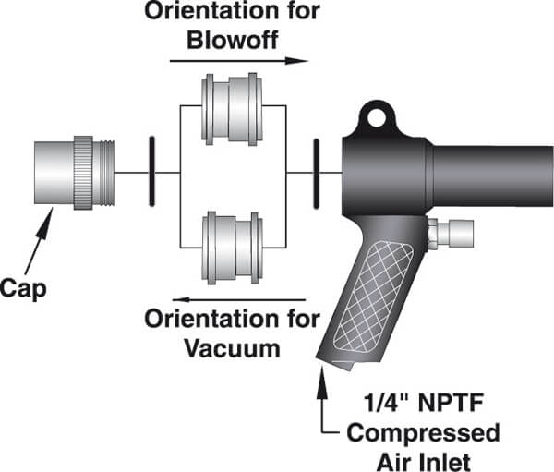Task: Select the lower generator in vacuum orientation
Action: point(234,247)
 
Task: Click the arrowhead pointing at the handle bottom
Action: point(321,375)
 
